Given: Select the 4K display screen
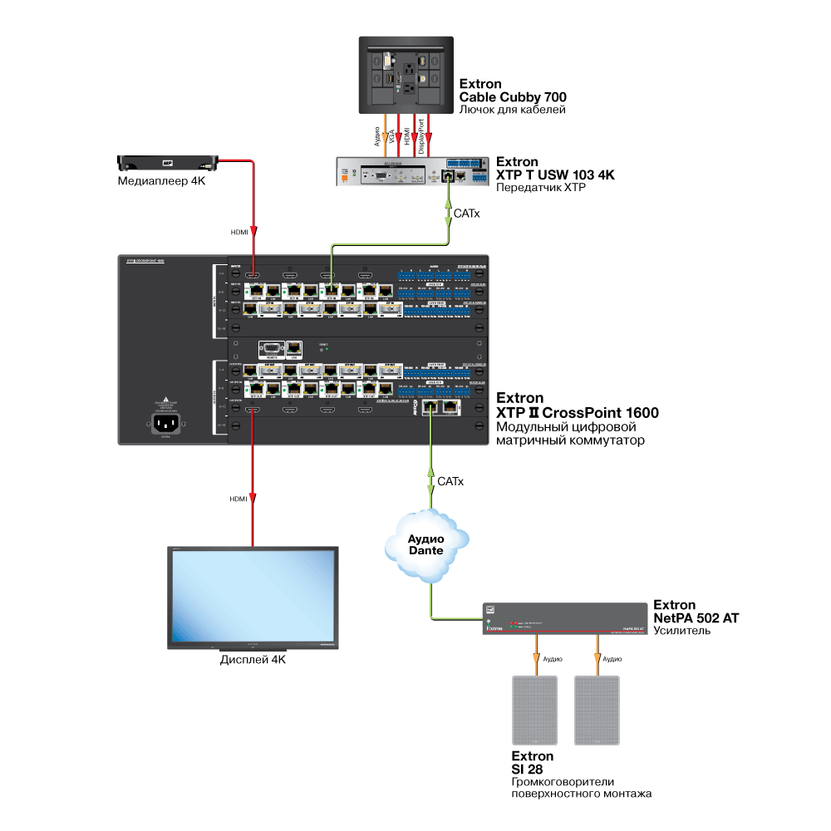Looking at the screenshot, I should click(x=253, y=597).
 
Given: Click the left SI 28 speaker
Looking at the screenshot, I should click(x=535, y=711).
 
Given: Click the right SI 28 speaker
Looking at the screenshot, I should click(x=597, y=711).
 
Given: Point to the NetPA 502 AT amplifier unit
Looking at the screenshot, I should click(x=564, y=620).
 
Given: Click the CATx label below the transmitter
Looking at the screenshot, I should click(x=466, y=214).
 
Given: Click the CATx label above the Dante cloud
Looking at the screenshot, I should click(x=450, y=482).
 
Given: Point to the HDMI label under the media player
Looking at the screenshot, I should click(x=238, y=233).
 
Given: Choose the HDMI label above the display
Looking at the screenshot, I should click(x=238, y=499).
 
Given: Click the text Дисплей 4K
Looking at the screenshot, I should click(x=253, y=661).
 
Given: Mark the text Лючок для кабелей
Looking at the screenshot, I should click(x=512, y=110).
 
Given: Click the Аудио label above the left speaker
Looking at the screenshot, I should click(x=552, y=658).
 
